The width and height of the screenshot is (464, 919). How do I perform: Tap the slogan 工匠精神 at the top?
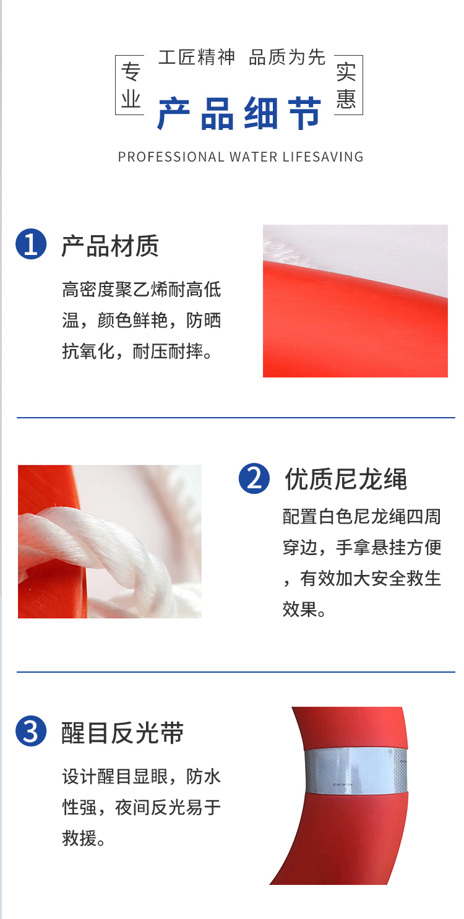click(197, 57)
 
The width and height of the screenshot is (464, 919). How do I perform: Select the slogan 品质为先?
click(287, 57)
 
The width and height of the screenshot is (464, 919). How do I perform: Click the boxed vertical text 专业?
click(131, 85)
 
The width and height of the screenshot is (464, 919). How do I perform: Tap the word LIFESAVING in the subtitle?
click(323, 157)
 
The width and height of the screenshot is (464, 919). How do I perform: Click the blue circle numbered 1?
click(31, 244)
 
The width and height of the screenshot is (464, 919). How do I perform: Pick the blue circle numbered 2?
click(254, 478)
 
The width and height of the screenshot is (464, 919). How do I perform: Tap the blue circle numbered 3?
click(31, 731)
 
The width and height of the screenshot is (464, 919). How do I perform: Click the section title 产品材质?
click(110, 246)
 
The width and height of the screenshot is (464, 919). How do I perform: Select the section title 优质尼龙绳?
click(346, 479)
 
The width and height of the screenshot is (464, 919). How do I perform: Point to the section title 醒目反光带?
click(122, 733)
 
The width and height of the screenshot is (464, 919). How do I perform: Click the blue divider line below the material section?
click(236, 418)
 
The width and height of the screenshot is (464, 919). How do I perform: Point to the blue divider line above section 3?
click(236, 672)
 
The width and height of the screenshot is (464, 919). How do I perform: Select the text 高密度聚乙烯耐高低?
click(142, 290)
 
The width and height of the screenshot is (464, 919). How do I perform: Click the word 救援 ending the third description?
click(80, 838)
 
